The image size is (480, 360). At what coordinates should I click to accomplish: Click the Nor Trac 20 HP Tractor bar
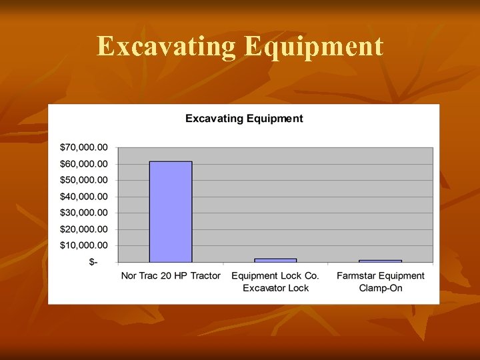[171, 212]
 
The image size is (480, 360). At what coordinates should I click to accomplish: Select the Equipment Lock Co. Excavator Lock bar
[275, 260]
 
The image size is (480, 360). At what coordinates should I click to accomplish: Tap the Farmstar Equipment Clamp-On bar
[380, 261]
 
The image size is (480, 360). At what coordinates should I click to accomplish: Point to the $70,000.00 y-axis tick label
[84, 147]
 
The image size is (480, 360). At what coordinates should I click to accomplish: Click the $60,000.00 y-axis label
[84, 164]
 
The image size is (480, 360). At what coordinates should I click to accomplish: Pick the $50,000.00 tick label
[84, 180]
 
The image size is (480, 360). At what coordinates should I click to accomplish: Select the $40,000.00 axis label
[84, 197]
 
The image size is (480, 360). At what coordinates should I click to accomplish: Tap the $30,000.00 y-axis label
[84, 213]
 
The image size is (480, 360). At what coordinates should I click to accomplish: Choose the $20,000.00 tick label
[84, 229]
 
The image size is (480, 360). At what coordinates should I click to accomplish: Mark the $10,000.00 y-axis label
[84, 245]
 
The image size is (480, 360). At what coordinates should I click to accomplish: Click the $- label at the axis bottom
[93, 262]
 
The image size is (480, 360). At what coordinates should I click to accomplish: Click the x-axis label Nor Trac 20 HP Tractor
[171, 275]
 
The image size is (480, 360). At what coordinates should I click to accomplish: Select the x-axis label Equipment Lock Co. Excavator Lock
[275, 281]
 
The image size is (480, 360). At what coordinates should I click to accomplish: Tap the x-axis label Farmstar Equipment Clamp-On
[380, 281]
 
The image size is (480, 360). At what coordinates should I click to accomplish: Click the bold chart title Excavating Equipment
[244, 119]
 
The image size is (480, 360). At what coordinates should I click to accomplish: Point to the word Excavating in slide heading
[166, 47]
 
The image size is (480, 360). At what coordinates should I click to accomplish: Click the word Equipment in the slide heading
[313, 47]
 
